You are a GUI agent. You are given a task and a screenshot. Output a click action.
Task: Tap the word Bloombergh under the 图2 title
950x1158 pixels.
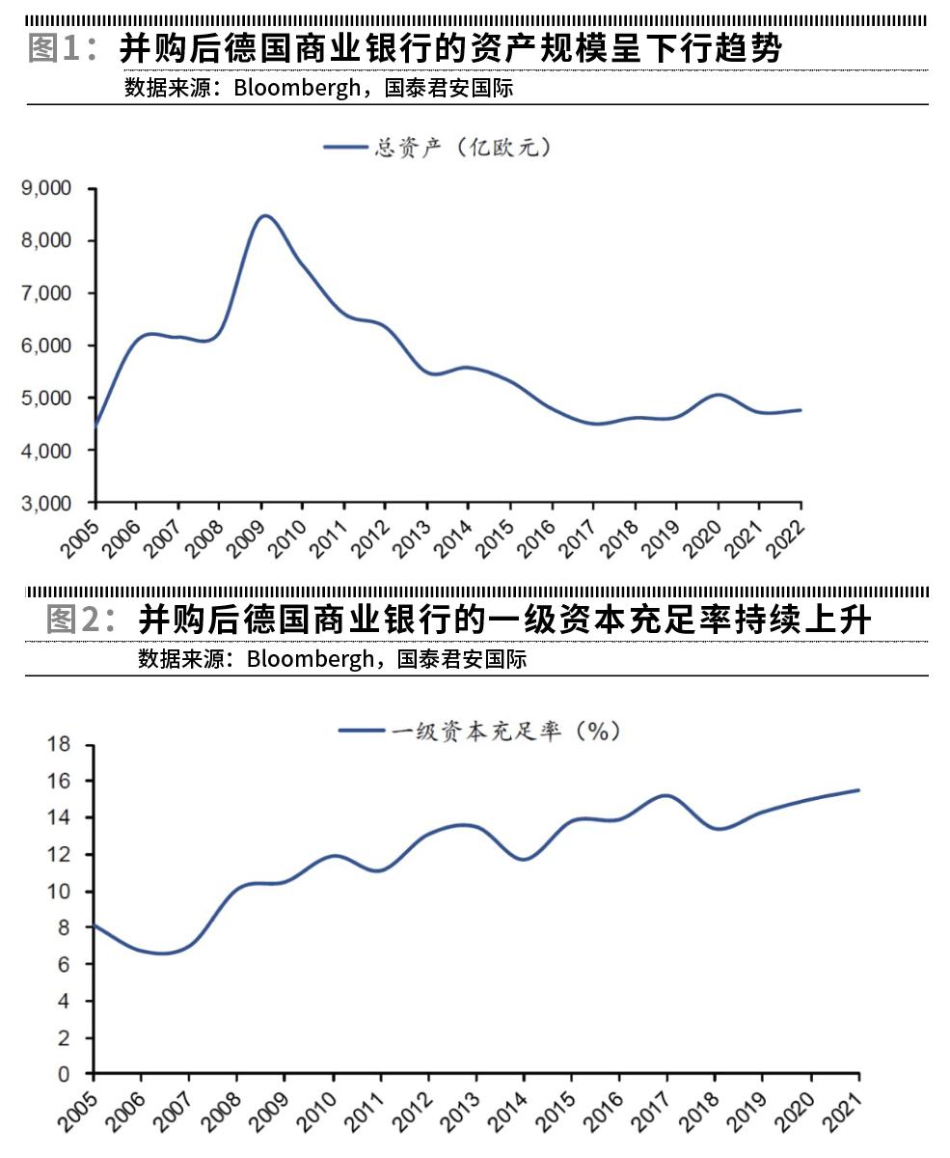coord(310,659)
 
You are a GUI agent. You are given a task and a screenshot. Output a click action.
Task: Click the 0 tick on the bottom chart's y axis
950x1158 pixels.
coord(65,1074)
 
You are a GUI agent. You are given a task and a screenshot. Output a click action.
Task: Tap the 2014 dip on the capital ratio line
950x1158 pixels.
coord(524,859)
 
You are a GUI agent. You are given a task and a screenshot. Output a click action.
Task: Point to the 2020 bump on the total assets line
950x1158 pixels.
coord(719,395)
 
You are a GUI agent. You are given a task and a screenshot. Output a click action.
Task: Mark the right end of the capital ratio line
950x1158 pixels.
coord(858,790)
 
